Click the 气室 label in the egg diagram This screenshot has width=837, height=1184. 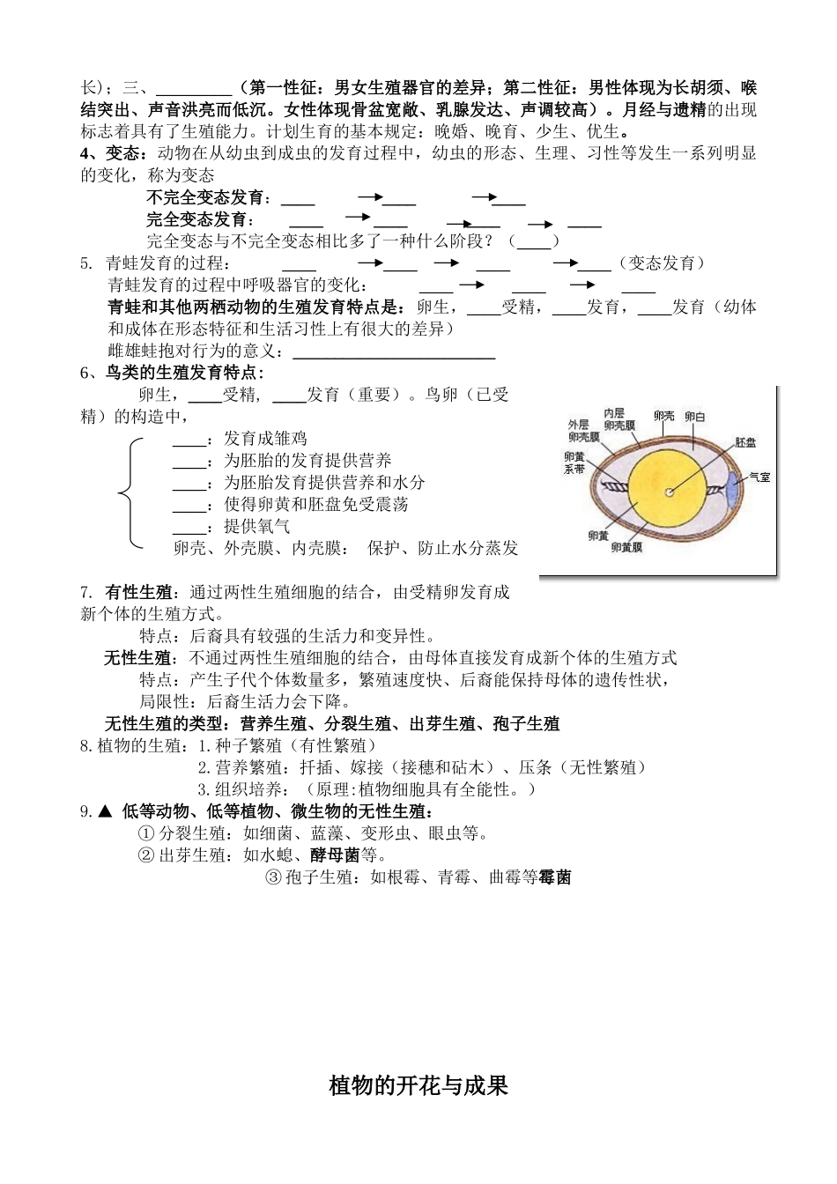[x=759, y=477]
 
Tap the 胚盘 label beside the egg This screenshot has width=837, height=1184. [x=745, y=442]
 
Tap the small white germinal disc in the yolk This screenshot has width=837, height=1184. [x=670, y=492]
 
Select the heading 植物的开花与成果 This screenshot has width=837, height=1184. [x=418, y=1085]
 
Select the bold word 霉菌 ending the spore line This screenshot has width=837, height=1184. [x=554, y=877]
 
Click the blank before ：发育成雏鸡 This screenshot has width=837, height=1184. [x=189, y=439]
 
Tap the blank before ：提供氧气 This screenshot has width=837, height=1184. [x=189, y=527]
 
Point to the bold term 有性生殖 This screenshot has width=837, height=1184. [x=137, y=592]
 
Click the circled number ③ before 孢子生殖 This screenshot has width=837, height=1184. [x=273, y=877]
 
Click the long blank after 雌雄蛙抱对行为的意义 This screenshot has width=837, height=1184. [x=393, y=352]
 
